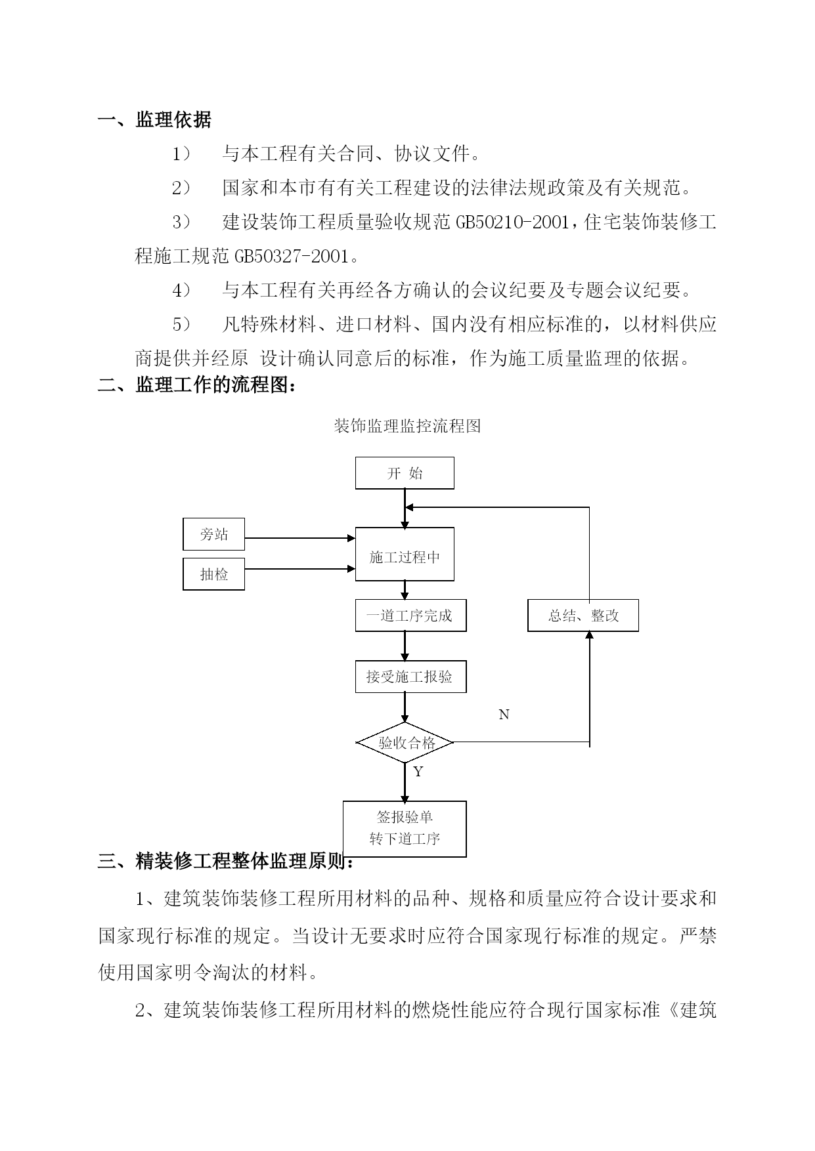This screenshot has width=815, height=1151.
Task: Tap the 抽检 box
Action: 213,574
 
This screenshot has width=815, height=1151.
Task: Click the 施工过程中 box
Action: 405,555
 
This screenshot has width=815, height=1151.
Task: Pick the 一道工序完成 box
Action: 411,616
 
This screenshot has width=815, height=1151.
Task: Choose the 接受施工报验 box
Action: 411,677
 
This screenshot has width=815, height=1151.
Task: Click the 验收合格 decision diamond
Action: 405,743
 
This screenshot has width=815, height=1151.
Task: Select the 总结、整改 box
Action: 583,616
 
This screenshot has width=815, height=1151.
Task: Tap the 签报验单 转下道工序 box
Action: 405,829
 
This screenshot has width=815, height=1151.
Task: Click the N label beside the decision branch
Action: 504,715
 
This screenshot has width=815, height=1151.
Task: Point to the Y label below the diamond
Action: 418,772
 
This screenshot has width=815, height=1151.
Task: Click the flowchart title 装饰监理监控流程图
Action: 407,426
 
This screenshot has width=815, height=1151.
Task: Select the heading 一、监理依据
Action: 155,120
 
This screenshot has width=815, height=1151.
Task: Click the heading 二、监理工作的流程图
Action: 197,385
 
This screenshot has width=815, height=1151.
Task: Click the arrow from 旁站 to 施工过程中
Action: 300,538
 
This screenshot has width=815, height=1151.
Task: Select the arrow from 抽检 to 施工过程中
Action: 300,568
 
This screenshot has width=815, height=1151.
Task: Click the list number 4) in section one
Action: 181,290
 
